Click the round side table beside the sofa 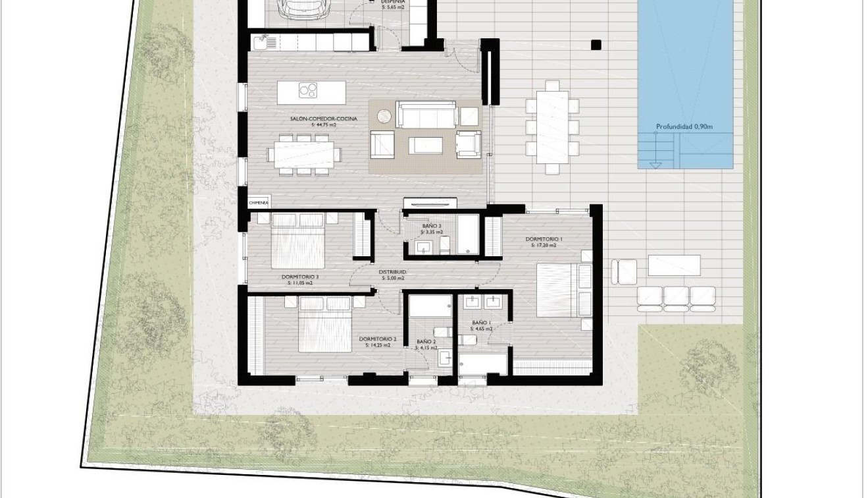[385, 117]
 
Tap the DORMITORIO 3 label [299, 277]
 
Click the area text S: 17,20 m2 [544, 245]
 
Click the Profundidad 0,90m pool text [684, 127]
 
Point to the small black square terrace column [596, 45]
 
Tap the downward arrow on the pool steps [654, 164]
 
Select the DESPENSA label [393, 2]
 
